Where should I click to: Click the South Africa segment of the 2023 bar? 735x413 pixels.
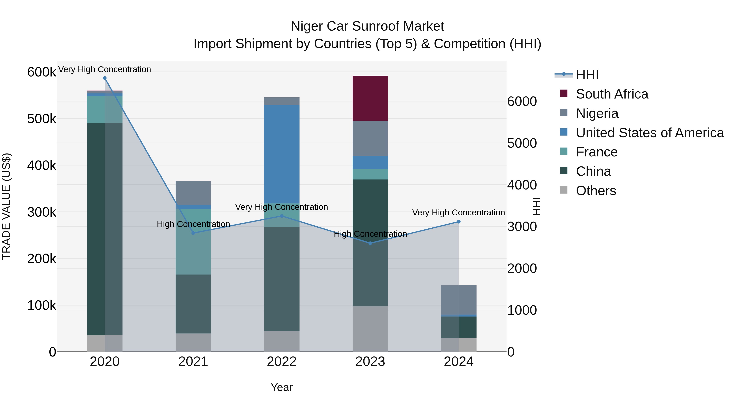click(x=370, y=98)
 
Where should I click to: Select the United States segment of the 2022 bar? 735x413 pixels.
click(x=282, y=154)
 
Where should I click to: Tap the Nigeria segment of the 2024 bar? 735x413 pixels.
click(x=459, y=300)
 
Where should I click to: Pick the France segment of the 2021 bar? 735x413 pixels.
click(x=193, y=241)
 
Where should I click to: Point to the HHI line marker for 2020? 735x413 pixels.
click(x=105, y=78)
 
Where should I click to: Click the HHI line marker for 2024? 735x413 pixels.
click(x=459, y=222)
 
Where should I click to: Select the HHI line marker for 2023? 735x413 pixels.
click(x=370, y=243)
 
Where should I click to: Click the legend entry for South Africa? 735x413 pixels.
click(x=611, y=94)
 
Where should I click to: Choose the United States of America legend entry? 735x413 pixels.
click(x=649, y=133)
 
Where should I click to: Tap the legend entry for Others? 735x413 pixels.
click(x=596, y=191)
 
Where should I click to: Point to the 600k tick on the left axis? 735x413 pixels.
click(x=42, y=72)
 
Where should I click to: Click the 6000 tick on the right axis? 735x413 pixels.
click(x=522, y=102)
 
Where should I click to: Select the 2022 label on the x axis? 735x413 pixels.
click(x=282, y=362)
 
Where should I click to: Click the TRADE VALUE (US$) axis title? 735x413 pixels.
click(x=6, y=206)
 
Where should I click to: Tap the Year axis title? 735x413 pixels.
click(x=282, y=387)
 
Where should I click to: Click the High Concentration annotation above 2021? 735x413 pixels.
click(x=193, y=224)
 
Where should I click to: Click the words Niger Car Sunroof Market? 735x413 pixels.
click(x=367, y=26)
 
